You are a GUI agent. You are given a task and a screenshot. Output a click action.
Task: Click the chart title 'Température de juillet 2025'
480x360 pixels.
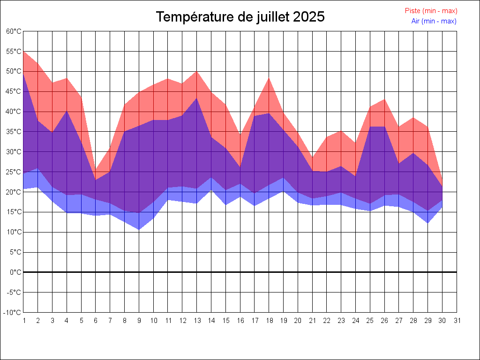(x=240, y=17)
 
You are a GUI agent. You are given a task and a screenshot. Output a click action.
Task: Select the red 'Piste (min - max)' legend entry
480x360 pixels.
(x=431, y=11)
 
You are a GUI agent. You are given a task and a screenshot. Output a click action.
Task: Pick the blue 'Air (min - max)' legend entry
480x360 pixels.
(x=434, y=21)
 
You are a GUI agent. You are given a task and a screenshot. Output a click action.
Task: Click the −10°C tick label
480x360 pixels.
(x=13, y=312)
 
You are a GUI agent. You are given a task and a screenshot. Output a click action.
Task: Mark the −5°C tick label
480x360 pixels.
(x=14, y=292)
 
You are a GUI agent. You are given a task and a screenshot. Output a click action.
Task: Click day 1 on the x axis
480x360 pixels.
(x=23, y=321)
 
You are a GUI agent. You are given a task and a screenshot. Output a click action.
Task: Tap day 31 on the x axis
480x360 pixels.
(x=457, y=321)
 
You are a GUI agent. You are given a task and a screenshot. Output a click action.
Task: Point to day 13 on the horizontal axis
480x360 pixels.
(x=197, y=321)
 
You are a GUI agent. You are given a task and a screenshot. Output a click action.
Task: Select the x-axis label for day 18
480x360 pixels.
(x=269, y=321)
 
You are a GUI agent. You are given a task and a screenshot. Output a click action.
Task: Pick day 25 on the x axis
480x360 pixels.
(x=370, y=321)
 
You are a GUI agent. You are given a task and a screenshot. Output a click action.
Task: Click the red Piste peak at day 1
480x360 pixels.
(x=24, y=52)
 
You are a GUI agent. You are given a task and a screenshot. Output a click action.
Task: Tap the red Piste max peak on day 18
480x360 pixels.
(x=269, y=78)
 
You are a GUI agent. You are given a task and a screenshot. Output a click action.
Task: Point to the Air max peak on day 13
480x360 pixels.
(x=197, y=98)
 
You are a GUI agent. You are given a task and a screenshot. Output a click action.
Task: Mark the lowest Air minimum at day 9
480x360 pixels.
(x=139, y=229)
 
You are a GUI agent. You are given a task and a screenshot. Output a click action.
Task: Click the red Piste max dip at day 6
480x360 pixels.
(x=96, y=171)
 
